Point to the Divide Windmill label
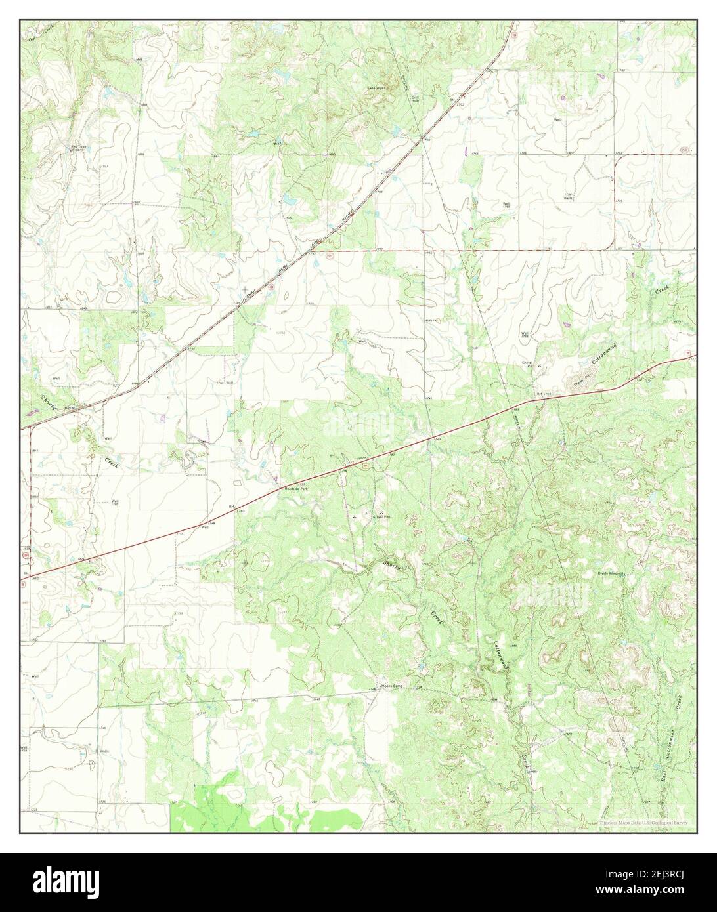coord(610,572)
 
